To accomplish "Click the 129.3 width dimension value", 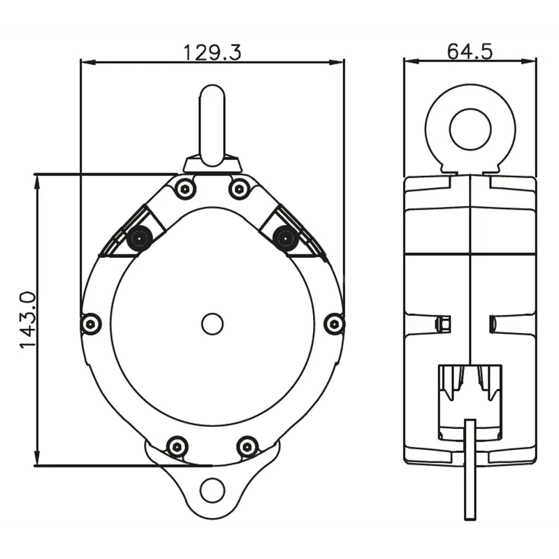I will tap(212, 52).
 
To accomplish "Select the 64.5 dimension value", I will tap(470, 52).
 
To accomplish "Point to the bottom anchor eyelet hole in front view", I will tap(212, 491).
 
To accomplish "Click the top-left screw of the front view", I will tap(185, 187).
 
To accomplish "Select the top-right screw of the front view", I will tap(239, 187).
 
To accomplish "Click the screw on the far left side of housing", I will tap(91, 324).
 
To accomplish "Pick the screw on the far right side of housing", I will tap(335, 324).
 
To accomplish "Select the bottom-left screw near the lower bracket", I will tap(177, 446).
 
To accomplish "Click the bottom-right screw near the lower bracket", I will tap(247, 446).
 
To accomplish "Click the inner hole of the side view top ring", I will tap(471, 129).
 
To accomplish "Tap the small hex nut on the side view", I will tap(442, 324).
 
